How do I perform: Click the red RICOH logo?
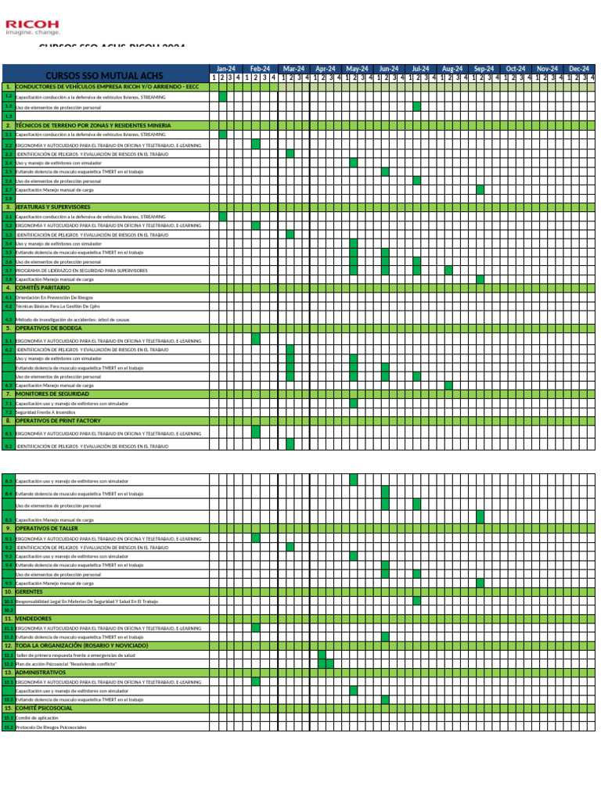click(32, 23)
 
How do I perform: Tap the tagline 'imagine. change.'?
click(33, 33)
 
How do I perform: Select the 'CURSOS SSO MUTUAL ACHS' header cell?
click(104, 76)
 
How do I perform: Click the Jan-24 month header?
click(225, 69)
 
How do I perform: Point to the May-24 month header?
click(358, 69)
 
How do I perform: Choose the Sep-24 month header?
click(484, 69)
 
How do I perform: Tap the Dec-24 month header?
click(579, 69)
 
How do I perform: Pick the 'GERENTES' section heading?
click(30, 591)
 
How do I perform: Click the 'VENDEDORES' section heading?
click(34, 619)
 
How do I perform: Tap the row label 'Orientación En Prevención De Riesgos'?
click(54, 297)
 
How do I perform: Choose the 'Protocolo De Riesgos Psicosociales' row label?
click(51, 727)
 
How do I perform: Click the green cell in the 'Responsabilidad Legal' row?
click(417, 601)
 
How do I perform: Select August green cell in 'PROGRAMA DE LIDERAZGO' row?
click(448, 270)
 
